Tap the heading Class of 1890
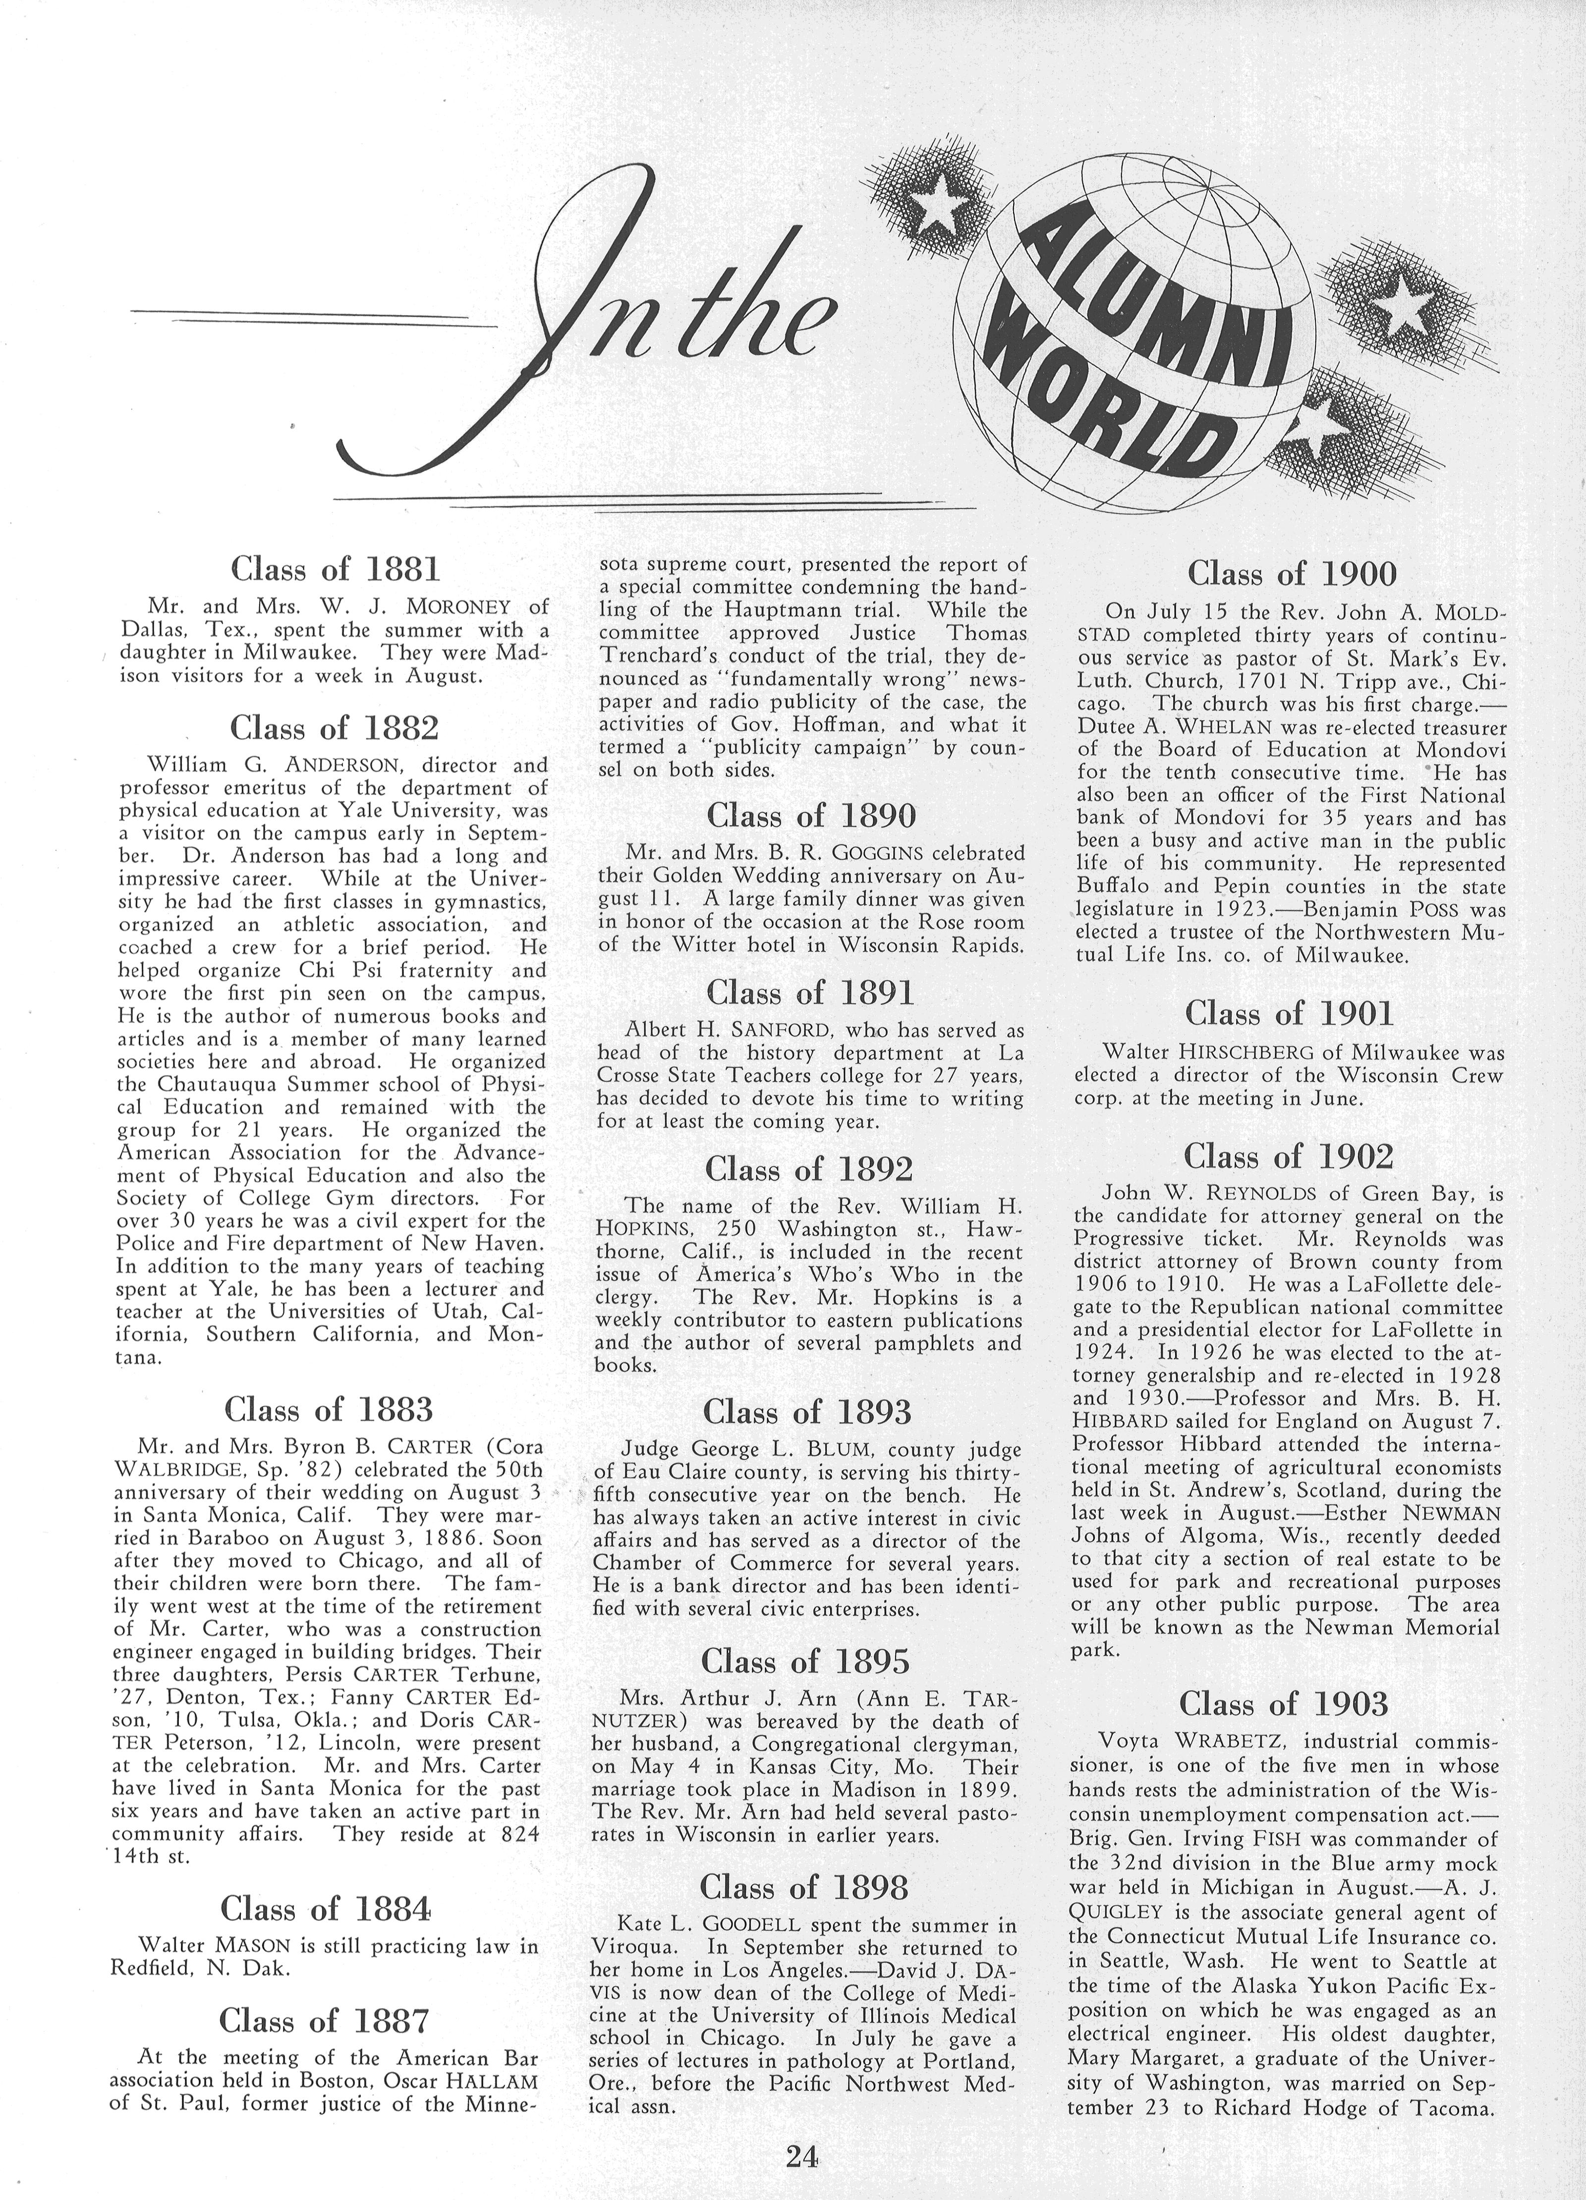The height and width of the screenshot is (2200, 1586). click(811, 815)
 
